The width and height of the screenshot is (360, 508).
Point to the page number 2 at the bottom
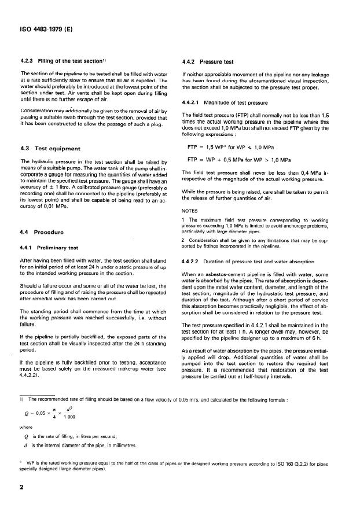click(22, 487)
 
